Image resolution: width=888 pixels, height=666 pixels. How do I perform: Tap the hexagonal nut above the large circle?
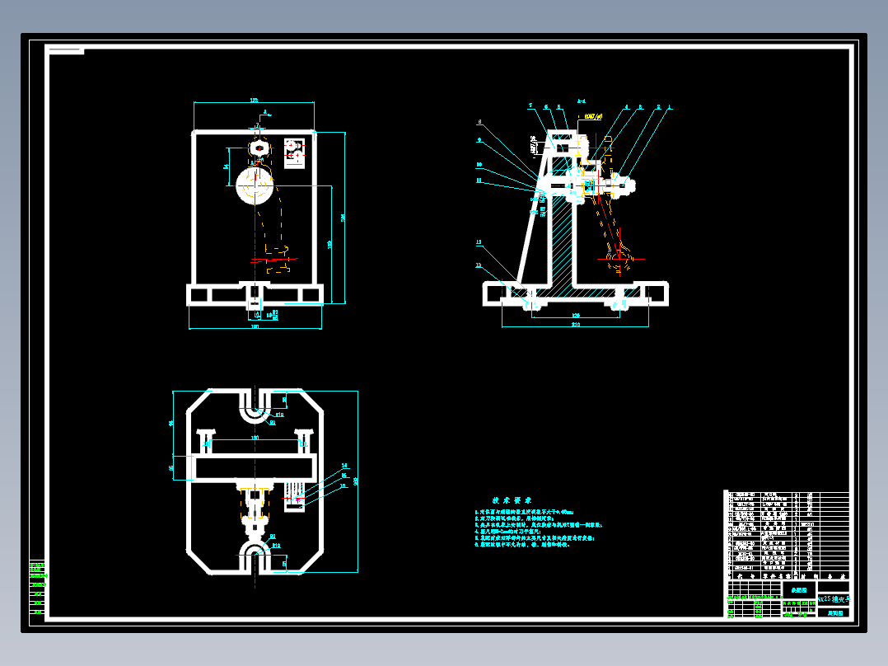[x=259, y=148]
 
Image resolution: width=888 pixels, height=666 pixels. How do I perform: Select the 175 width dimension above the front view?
[x=253, y=101]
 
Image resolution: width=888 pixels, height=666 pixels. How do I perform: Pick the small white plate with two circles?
[x=294, y=152]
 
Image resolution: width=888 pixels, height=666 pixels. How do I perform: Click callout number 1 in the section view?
[x=670, y=106]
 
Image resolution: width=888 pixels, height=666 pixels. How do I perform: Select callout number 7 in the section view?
[x=531, y=106]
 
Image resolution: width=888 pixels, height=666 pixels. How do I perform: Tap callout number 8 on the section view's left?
[x=479, y=122]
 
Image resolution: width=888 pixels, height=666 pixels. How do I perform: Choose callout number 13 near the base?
[x=478, y=242]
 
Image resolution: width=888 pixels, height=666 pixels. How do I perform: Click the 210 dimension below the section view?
[x=575, y=325]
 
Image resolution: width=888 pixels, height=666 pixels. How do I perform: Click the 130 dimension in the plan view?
[x=255, y=437]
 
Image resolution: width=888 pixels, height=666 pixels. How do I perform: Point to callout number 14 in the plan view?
[x=344, y=466]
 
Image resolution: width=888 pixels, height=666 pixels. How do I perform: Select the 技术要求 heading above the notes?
[x=512, y=500]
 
